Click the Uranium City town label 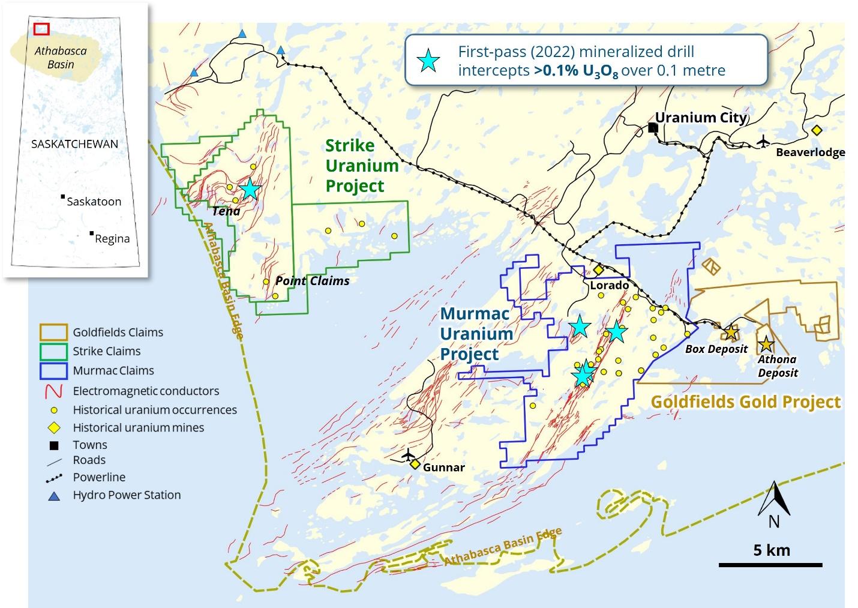701,117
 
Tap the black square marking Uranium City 653,128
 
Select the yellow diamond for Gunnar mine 415,464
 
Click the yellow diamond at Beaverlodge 816,130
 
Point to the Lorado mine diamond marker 598,270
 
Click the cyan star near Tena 250,189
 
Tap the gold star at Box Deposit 730,332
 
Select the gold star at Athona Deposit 766,345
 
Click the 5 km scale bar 770,564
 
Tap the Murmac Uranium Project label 476,334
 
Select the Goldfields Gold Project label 746,402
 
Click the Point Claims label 312,280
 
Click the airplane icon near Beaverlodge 763,141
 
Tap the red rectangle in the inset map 41,28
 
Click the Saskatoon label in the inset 94,202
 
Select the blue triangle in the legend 54,496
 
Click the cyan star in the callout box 428,61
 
